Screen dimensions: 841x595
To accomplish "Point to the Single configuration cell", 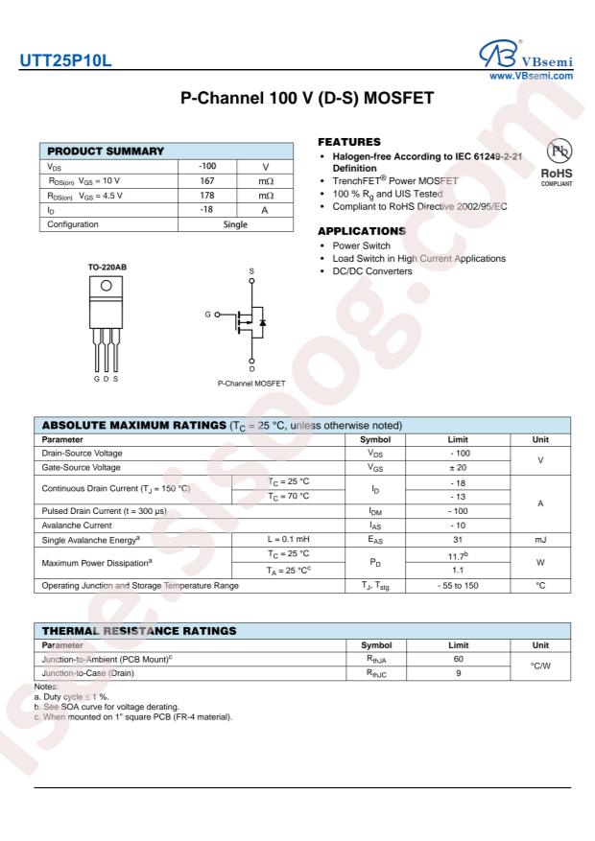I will point(234,224).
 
